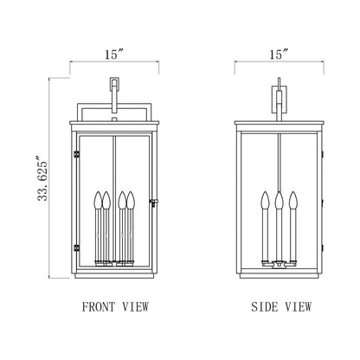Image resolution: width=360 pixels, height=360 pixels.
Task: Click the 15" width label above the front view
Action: pyautogui.click(x=114, y=54)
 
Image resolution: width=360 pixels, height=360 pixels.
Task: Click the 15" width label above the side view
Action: pyautogui.click(x=278, y=54)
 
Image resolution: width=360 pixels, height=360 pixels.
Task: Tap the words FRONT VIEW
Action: pyautogui.click(x=114, y=306)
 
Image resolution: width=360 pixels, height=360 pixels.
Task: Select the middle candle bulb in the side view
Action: pyautogui.click(x=278, y=200)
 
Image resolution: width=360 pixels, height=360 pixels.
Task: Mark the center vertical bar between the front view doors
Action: pyautogui.click(x=114, y=173)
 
